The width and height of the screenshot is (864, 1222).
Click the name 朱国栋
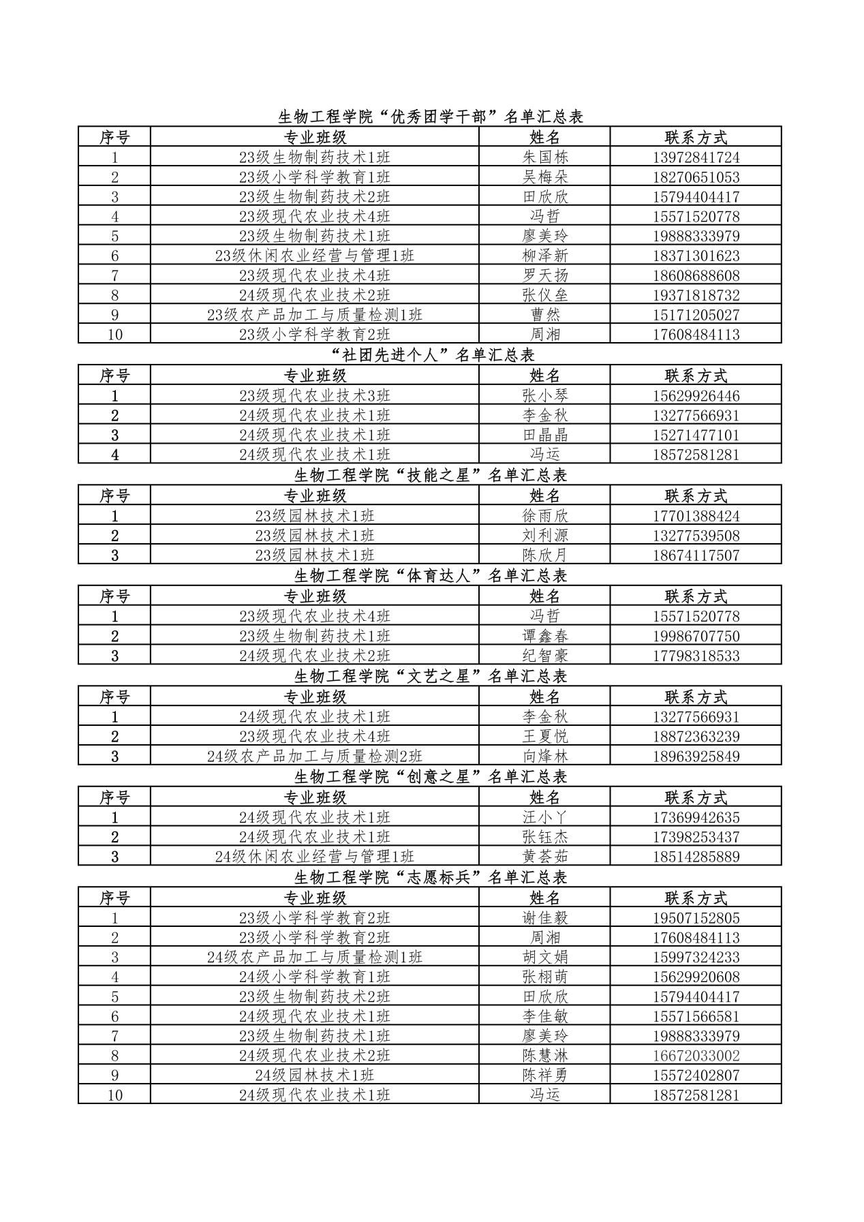[x=544, y=157]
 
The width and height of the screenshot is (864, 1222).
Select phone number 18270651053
[x=696, y=177]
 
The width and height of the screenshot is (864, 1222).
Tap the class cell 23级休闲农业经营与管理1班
[x=314, y=256]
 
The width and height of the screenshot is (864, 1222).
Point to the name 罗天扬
[x=544, y=276]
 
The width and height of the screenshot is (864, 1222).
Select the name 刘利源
[x=544, y=536]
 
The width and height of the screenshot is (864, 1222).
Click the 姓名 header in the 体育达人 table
[x=544, y=596]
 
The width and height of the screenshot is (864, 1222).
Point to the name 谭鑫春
[x=544, y=637]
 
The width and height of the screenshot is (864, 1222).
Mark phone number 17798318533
[x=696, y=656]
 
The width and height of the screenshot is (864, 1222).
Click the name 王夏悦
[x=544, y=737]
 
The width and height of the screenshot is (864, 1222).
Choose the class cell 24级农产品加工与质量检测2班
[x=314, y=757]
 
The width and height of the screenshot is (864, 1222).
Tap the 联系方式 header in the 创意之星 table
[x=696, y=797]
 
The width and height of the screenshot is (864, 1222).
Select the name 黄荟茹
[x=544, y=857]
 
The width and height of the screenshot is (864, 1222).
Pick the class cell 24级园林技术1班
[x=314, y=1075]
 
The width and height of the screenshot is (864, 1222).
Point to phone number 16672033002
[x=696, y=1056]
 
